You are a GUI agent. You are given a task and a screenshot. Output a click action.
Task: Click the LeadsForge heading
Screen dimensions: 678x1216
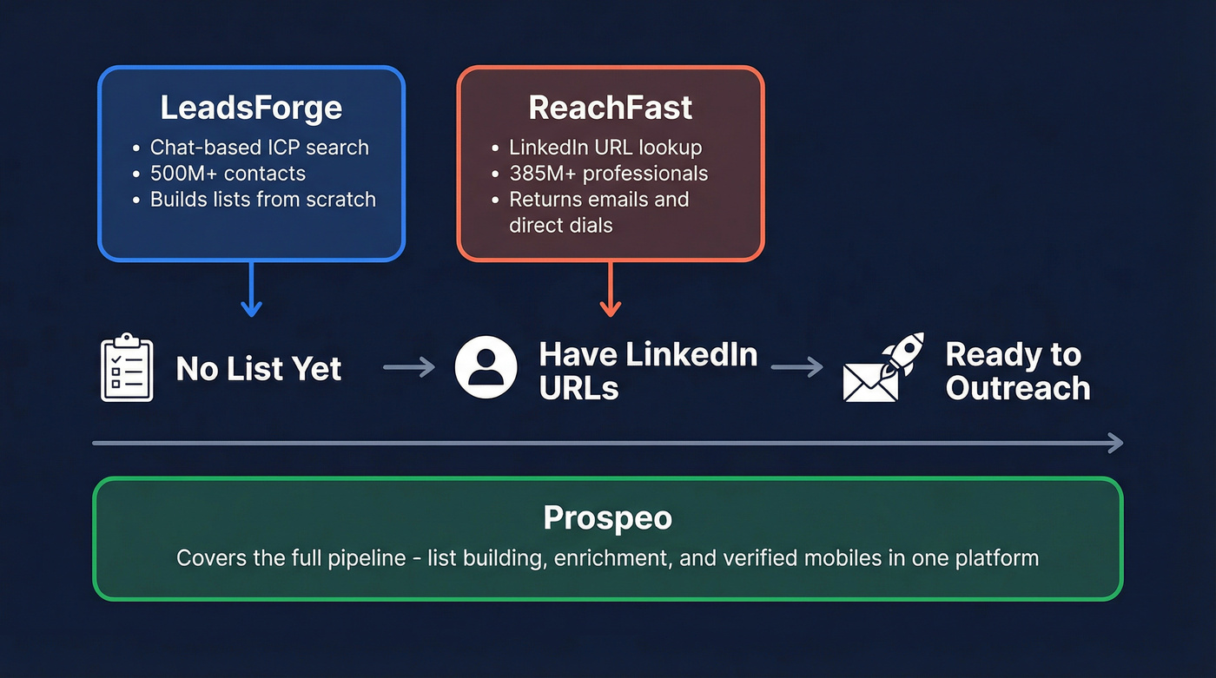(251, 109)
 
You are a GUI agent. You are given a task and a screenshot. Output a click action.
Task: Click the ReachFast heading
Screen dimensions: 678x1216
(611, 109)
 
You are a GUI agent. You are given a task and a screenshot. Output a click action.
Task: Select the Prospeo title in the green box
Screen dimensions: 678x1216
(607, 518)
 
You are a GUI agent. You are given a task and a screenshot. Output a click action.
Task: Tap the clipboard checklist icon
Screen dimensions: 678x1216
(127, 368)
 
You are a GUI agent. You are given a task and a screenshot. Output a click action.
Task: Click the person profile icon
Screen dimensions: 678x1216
(486, 368)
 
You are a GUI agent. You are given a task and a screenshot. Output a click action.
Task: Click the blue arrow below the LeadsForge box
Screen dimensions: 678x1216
(251, 291)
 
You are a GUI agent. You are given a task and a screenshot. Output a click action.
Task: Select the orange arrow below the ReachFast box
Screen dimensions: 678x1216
(611, 291)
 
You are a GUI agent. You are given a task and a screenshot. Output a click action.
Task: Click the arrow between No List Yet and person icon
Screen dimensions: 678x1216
(409, 368)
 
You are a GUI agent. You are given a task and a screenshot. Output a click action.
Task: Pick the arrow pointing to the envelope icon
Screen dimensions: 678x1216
(796, 368)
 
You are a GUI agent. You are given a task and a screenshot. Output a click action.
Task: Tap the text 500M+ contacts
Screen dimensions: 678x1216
(228, 173)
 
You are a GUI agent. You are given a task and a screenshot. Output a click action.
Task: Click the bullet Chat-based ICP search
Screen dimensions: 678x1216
(259, 148)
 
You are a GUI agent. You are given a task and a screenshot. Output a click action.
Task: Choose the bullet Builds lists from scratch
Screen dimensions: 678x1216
(262, 199)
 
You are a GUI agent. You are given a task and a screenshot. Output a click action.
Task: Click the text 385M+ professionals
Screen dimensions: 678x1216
(608, 173)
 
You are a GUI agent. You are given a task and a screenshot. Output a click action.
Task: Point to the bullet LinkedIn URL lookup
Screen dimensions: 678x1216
(605, 148)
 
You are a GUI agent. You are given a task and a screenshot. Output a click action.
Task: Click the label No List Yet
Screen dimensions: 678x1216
(259, 369)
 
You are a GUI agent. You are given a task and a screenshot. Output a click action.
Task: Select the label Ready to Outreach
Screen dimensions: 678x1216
(1017, 371)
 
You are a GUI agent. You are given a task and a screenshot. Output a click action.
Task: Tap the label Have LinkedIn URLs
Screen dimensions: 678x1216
(648, 371)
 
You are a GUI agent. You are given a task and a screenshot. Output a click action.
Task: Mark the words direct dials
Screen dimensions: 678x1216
(560, 225)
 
